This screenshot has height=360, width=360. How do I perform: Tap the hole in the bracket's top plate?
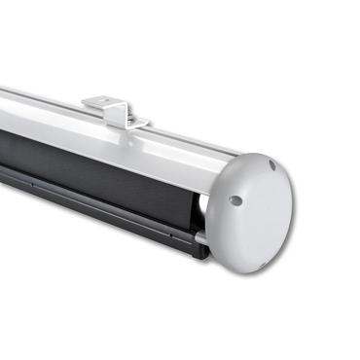point(101,98)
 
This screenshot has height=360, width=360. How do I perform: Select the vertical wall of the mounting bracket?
point(115,112)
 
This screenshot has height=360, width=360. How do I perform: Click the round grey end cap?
point(248,209)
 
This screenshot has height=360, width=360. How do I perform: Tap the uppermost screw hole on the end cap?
point(271,165)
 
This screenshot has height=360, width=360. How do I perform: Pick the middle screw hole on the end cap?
point(235,200)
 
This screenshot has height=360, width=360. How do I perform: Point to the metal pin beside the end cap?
point(198,236)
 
